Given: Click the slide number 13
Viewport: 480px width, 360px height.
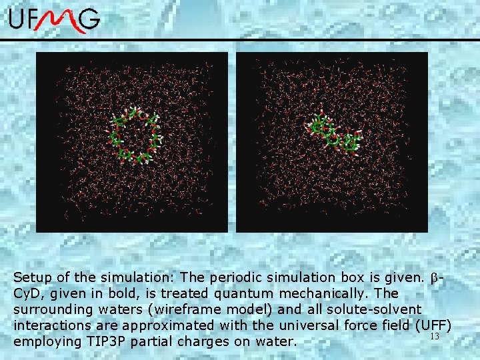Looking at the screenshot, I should click(435, 337).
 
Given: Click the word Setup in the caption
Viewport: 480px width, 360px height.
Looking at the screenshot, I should click(33, 277).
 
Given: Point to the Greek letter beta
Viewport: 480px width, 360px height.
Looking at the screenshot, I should click(434, 277).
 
